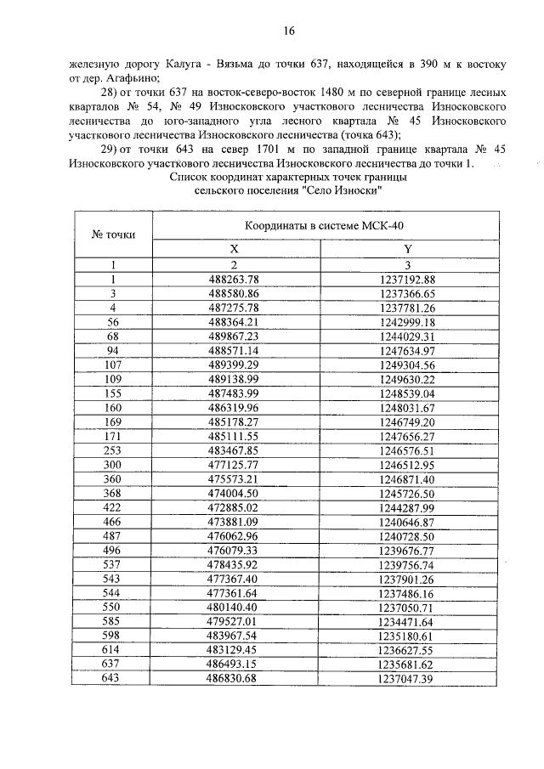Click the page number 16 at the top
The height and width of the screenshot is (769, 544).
coord(289,31)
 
